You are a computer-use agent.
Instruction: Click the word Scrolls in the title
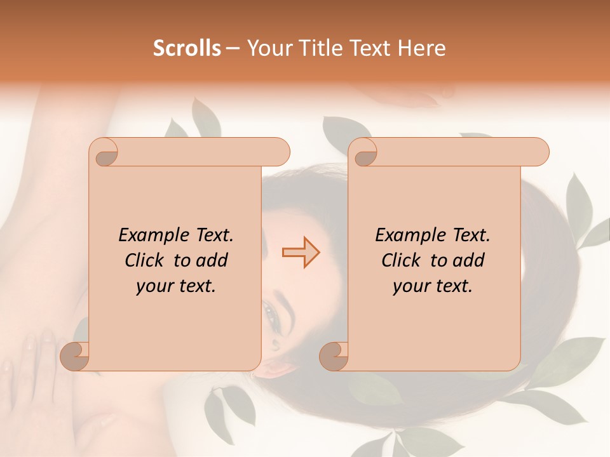[187, 48]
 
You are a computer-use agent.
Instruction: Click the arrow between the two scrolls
[301, 253]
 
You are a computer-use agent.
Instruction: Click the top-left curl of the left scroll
[104, 152]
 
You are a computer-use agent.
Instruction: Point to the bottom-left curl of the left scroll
[75, 356]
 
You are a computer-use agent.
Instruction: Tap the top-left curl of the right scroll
[363, 152]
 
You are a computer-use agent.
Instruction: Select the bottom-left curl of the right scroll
[334, 356]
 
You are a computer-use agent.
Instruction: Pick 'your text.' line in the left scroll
[176, 286]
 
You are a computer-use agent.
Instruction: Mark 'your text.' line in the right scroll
[433, 286]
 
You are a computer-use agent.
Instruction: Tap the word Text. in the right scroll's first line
[467, 235]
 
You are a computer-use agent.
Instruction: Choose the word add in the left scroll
[213, 260]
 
